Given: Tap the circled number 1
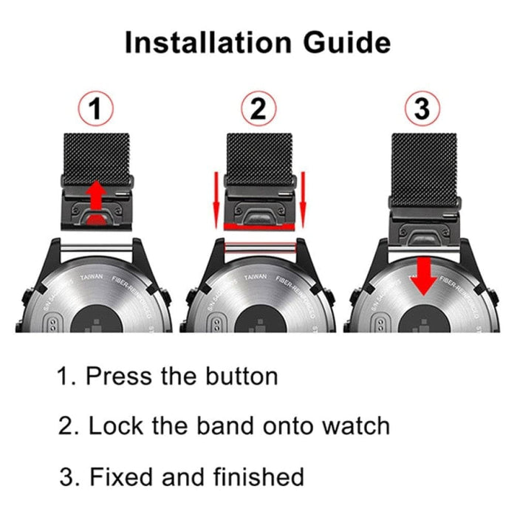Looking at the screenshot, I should pos(96,110).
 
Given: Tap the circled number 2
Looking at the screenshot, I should pos(258,110).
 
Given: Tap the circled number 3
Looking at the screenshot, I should pos(422,110).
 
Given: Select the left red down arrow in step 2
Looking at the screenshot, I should pos(215,196).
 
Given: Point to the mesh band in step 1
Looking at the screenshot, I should pos(96,155).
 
